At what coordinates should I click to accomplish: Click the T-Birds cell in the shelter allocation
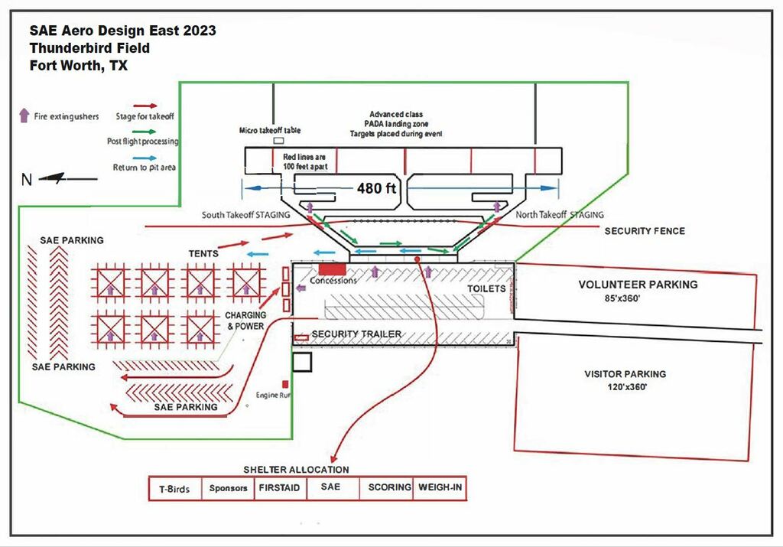click(174, 488)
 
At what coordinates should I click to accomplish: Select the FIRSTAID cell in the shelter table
click(279, 487)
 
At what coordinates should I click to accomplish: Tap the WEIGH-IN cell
click(440, 487)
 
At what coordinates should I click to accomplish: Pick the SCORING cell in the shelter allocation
click(389, 487)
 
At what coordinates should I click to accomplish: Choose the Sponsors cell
click(229, 488)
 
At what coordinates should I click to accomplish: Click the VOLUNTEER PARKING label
click(638, 285)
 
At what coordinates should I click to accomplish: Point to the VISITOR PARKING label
click(625, 374)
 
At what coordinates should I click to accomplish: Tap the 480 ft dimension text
click(376, 187)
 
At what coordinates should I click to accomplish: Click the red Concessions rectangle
click(333, 269)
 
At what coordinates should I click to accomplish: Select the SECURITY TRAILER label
click(356, 334)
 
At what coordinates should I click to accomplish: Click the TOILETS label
click(487, 288)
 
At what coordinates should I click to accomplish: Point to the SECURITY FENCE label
click(645, 231)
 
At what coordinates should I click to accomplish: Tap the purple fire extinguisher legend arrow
click(24, 116)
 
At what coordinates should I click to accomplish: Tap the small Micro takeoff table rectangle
click(279, 142)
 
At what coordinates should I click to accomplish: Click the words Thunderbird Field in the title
click(89, 48)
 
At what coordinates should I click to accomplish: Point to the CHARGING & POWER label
click(245, 320)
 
